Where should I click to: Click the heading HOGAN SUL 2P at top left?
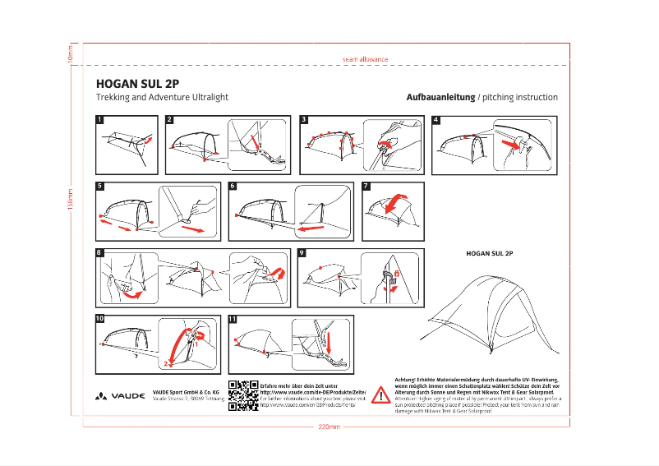pos(137,83)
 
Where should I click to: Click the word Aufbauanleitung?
pos(440,97)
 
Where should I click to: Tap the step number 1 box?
pos(100,119)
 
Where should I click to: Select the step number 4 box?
pos(436,119)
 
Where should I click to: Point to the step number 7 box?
pos(366,186)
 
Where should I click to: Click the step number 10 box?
pos(100,318)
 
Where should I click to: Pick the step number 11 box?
pos(233,319)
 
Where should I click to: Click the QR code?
pos(243,394)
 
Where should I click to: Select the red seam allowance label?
pos(364,59)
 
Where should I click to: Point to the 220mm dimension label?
pos(328,427)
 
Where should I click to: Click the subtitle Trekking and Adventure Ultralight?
pos(162,97)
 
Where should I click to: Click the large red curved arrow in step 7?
pos(397,201)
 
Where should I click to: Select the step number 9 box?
pos(302,252)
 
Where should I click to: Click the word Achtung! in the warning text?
pos(408,378)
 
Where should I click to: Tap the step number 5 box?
pos(100,186)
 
